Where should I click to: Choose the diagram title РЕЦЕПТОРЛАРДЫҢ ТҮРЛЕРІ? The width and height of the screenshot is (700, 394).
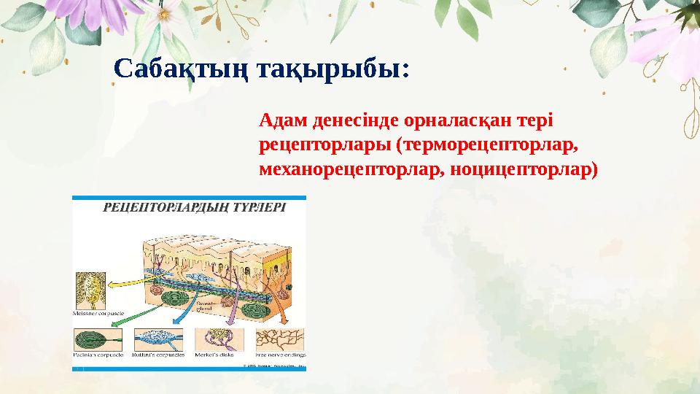tap(195, 206)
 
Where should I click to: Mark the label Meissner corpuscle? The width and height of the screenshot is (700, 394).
tap(98, 314)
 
